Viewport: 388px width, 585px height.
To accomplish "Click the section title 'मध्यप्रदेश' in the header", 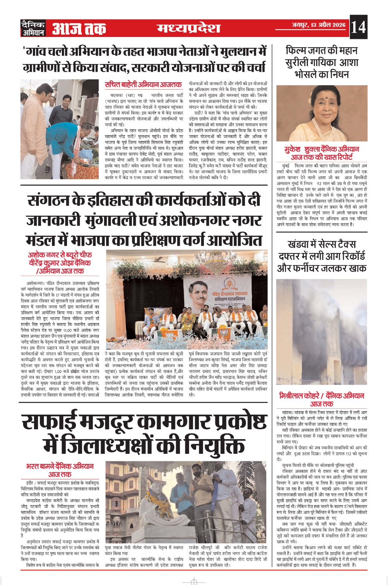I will (x=189, y=28).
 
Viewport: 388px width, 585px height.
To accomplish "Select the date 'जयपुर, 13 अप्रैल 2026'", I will (x=318, y=25).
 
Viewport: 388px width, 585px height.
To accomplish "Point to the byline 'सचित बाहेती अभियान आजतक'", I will (x=143, y=85).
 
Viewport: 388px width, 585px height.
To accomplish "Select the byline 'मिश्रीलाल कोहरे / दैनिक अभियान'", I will (x=321, y=396).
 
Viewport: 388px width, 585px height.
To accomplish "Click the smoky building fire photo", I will (x=321, y=333).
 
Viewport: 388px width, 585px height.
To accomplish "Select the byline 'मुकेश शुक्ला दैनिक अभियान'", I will (x=321, y=149).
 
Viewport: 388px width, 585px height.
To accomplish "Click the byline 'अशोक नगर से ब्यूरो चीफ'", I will (x=60, y=255).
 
